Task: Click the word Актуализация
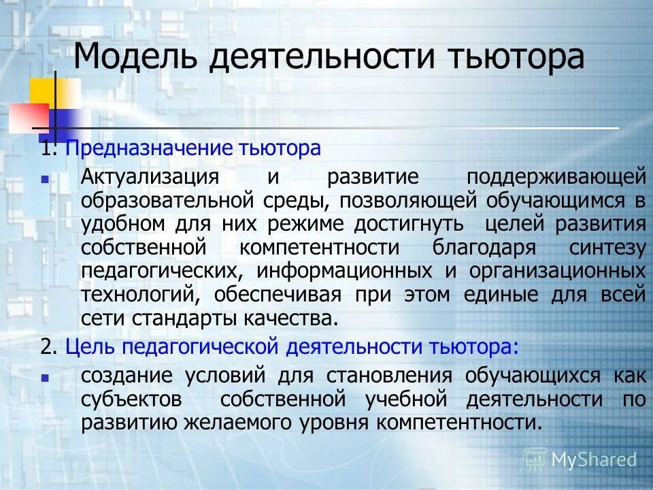pyautogui.click(x=150, y=177)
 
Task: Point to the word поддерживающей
pyautogui.click(x=556, y=177)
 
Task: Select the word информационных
pyautogui.click(x=345, y=270)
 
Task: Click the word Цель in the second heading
pyautogui.click(x=86, y=346)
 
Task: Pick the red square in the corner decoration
pyautogui.click(x=27, y=116)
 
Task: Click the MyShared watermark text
pyautogui.click(x=593, y=459)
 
